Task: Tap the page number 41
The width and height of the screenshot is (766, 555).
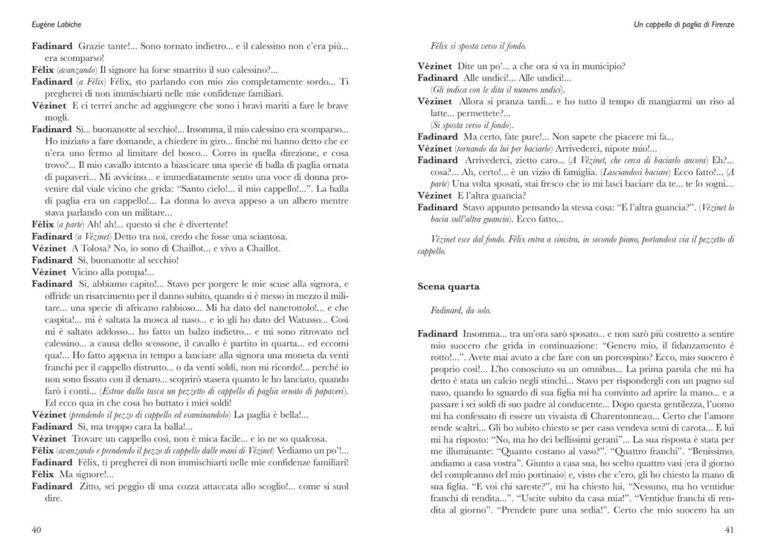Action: (730, 530)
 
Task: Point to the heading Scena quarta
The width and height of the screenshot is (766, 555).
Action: (448, 286)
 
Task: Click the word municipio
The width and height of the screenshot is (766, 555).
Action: (602, 65)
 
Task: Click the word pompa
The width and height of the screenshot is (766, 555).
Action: (130, 272)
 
